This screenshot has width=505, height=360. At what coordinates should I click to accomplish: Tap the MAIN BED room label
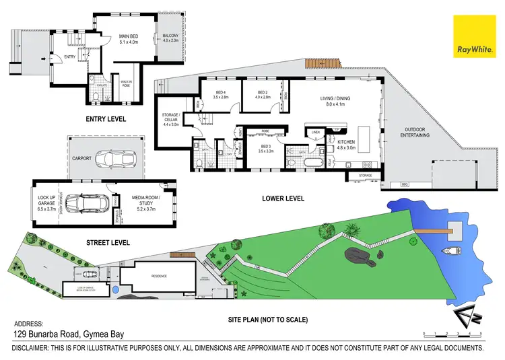coord(128,38)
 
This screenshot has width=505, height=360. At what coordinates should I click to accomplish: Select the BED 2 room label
coord(262,94)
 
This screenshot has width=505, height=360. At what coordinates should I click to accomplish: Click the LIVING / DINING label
coord(335,100)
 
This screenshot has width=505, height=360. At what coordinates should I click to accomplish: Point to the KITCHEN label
coord(346,144)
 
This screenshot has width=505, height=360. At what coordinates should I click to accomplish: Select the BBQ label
coord(405,184)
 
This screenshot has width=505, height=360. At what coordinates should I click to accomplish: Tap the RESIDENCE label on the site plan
coord(160,276)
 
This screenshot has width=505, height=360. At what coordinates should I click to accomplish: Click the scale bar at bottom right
coord(452,334)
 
